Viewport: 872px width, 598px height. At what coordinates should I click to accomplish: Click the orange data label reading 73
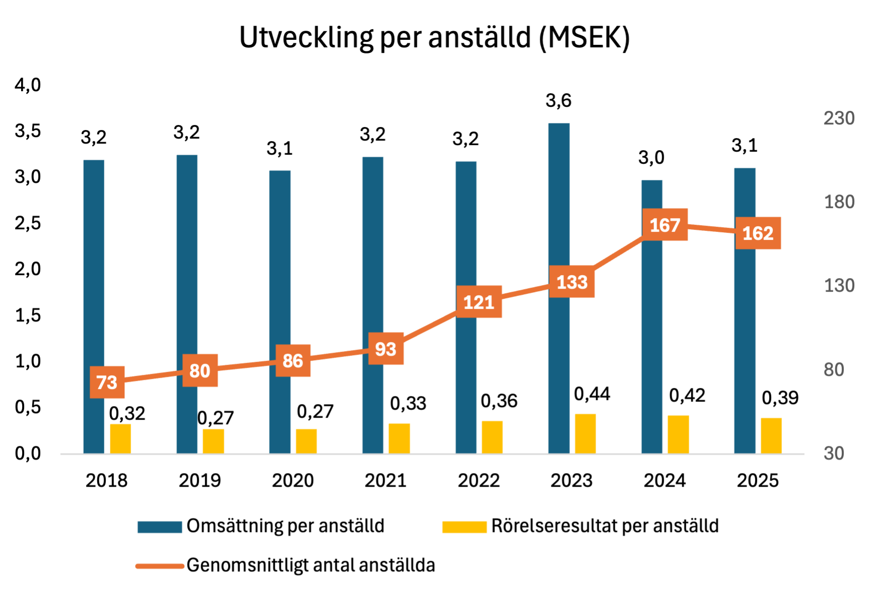107,382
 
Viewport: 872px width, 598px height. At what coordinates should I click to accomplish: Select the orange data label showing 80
200,371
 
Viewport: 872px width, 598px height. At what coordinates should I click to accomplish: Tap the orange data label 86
293,361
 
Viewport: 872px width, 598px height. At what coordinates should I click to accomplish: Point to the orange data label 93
386,349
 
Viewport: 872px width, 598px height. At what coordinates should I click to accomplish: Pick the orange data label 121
479,302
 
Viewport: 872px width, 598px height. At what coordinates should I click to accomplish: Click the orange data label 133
572,282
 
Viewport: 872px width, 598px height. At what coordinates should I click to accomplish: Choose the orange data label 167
665,225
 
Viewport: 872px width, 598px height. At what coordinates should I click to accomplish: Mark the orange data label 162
758,233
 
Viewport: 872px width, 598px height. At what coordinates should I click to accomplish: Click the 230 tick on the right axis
839,118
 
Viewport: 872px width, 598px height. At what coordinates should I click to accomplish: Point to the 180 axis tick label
839,202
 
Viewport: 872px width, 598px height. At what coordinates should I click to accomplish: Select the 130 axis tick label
839,286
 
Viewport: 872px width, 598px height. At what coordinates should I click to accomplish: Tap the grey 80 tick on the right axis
834,370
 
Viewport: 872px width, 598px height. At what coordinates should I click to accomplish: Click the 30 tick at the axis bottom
834,453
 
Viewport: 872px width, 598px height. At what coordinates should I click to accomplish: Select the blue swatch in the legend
160,527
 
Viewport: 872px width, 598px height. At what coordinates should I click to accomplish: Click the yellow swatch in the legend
464,527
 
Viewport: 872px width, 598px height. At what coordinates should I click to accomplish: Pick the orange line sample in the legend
160,566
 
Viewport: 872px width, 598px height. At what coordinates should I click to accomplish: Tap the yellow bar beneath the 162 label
771,436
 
